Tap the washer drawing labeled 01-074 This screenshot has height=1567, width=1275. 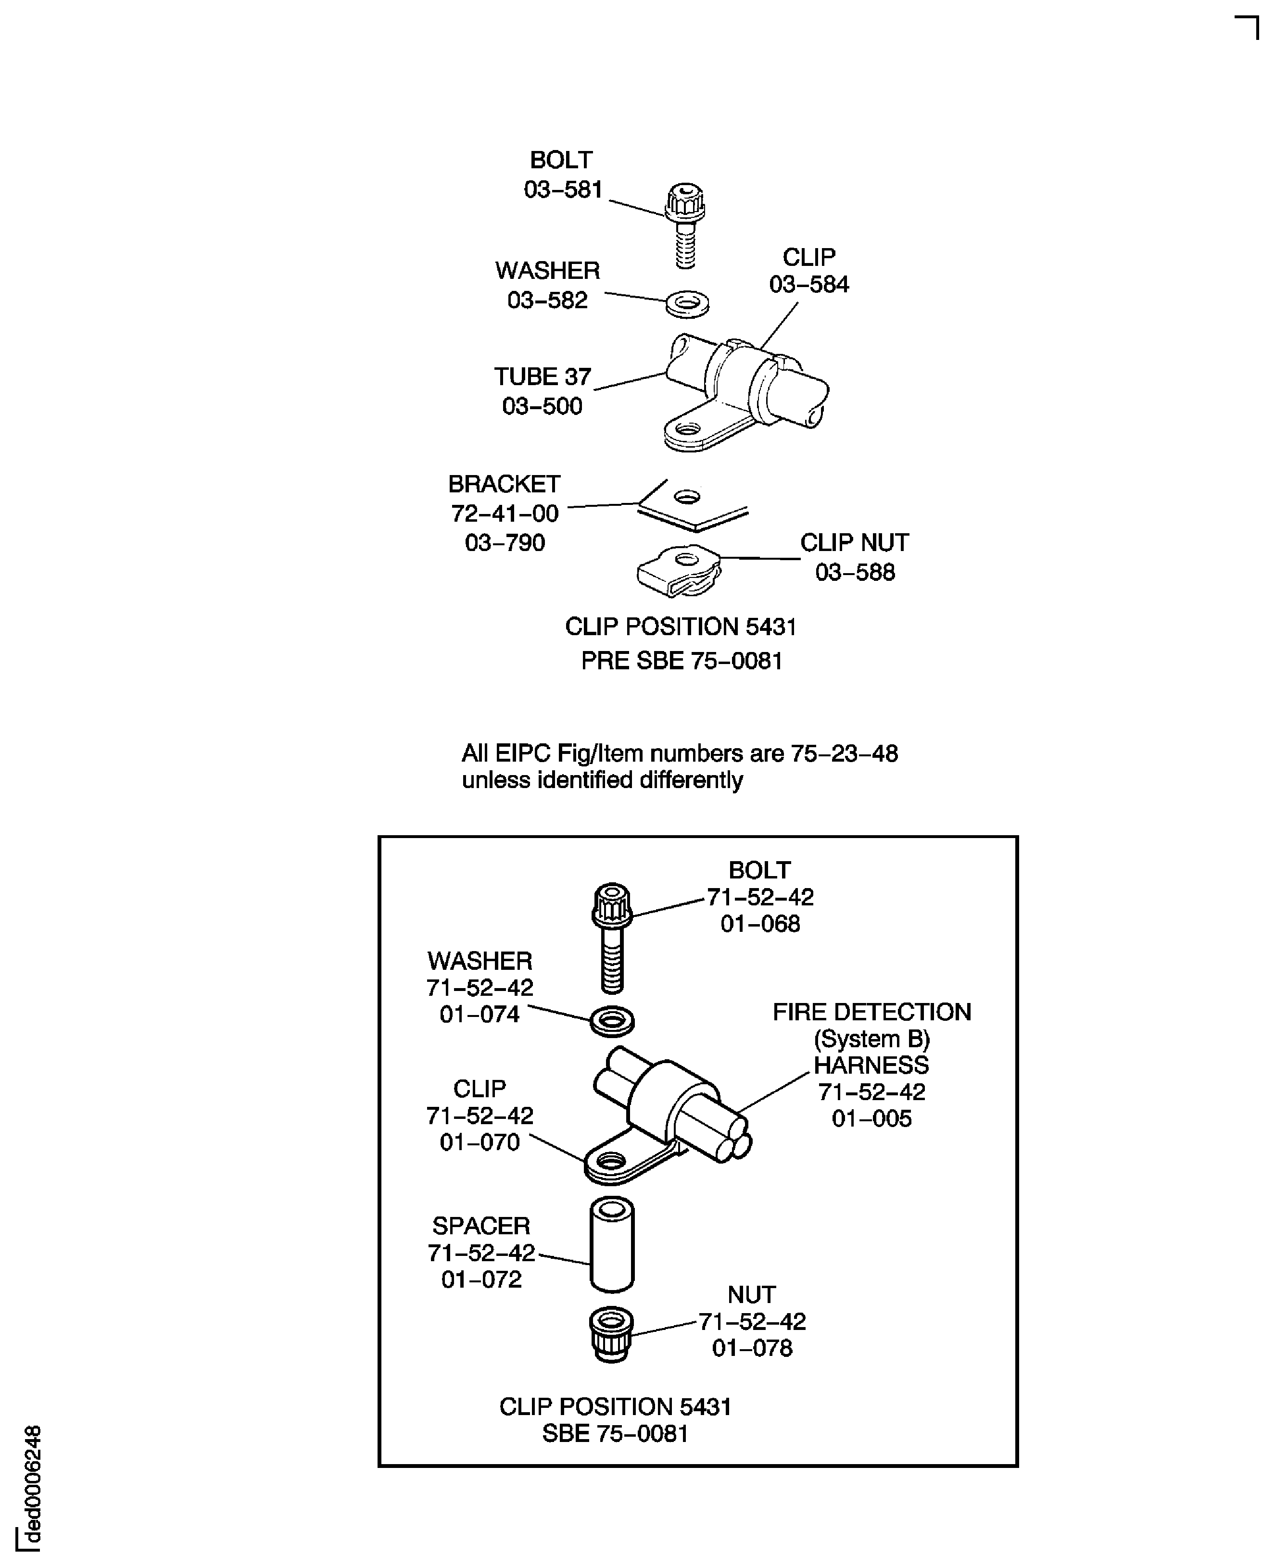[x=612, y=1021]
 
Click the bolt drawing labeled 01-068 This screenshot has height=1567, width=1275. [x=612, y=936]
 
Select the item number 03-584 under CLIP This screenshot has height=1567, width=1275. [x=808, y=284]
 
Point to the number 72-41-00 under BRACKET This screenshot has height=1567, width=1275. [x=505, y=513]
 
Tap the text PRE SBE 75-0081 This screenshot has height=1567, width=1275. [x=681, y=661]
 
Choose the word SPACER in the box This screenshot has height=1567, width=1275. [x=480, y=1226]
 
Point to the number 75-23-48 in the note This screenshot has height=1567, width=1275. [x=844, y=753]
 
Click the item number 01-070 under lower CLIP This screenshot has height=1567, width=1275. [x=480, y=1142]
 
